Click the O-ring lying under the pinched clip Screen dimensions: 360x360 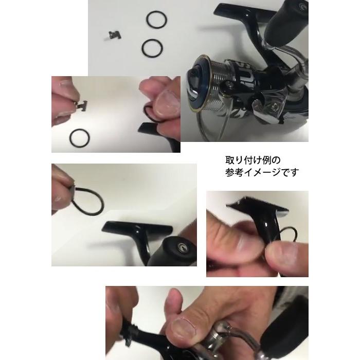tap(80, 138)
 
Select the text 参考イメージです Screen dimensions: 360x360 tap(254, 172)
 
